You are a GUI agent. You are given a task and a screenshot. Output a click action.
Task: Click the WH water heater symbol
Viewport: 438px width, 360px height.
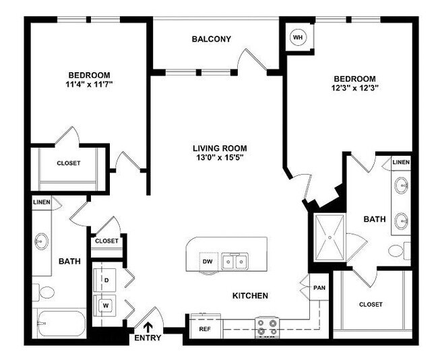[297, 38]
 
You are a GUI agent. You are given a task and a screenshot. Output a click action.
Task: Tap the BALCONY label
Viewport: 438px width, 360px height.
[211, 39]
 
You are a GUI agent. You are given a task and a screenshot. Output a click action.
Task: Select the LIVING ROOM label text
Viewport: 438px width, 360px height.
[220, 148]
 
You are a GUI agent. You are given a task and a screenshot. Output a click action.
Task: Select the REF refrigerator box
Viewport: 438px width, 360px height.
[205, 328]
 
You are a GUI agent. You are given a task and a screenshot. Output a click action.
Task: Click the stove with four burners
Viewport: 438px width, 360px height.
[268, 328]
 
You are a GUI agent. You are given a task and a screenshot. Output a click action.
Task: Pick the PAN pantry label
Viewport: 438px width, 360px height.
[319, 287]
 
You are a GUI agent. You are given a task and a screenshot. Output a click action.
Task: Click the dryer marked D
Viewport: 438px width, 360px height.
[106, 278]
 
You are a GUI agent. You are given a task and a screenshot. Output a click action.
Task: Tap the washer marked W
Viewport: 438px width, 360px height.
[106, 305]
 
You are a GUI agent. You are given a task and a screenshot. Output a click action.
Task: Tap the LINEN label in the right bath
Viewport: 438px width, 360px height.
[400, 162]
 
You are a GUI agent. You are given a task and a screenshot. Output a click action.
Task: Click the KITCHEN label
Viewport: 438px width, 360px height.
[251, 296]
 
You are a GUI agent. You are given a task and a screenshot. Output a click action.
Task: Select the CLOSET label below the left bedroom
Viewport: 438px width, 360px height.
[68, 163]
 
